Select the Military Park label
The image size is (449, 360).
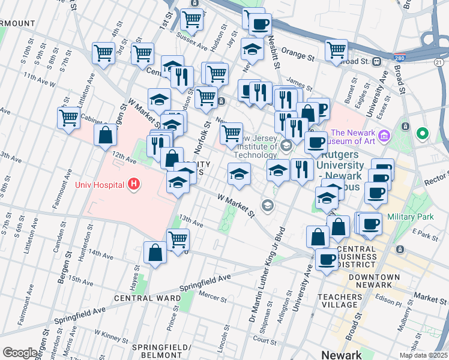411,216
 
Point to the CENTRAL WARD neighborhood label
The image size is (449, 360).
147,298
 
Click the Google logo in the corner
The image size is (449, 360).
20,353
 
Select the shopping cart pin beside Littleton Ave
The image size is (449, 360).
68,118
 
